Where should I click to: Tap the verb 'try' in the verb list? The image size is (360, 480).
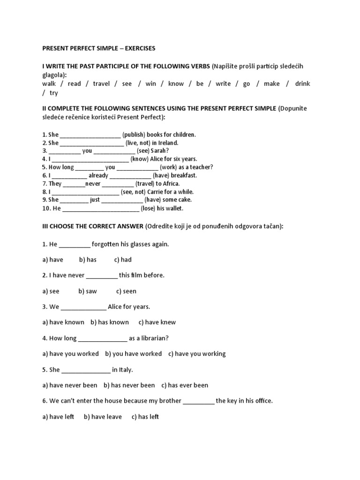coord(54,93)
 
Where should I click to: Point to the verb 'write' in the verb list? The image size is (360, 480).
coord(223,83)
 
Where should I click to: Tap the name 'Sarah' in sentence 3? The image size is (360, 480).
coord(159,151)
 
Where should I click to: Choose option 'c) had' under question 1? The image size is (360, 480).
coord(123,260)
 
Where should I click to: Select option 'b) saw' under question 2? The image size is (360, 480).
coord(88,291)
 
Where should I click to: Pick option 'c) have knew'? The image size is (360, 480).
coord(157,322)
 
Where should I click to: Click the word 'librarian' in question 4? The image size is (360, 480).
coord(152,338)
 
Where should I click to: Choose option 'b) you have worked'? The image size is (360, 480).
coord(134,353)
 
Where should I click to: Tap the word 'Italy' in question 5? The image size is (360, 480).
coord(126,369)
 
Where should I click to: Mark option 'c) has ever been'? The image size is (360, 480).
coord(185,385)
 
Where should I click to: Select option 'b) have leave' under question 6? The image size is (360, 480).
coord(103,417)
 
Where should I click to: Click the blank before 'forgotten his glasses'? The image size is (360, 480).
coord(75,245)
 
